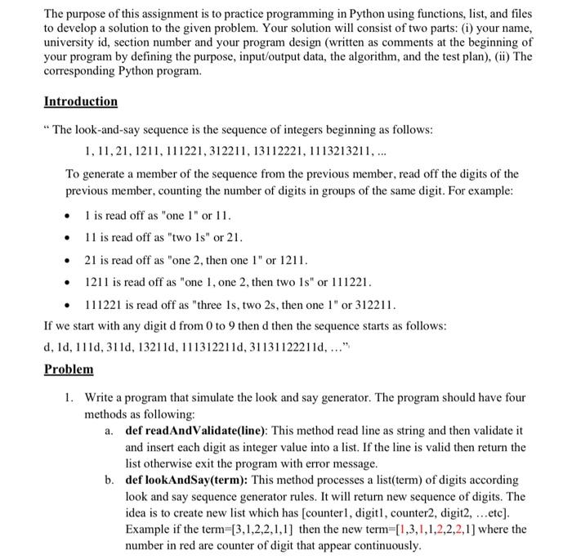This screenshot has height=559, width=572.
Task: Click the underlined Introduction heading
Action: tap(80, 101)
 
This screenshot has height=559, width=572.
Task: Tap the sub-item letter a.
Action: tap(109, 430)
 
